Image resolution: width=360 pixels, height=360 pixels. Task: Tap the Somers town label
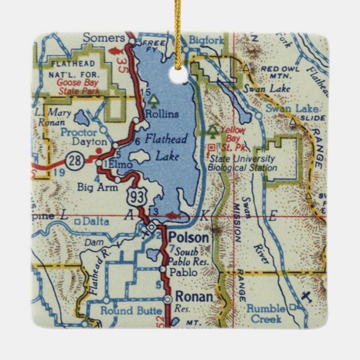click(104, 37)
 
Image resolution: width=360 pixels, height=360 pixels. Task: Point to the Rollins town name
click(162, 114)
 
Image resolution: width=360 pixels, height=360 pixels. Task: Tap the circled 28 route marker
click(75, 162)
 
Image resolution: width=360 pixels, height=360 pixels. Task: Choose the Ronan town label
click(194, 297)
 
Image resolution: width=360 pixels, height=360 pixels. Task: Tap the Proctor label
click(78, 132)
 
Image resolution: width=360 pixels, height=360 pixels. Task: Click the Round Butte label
click(125, 310)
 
